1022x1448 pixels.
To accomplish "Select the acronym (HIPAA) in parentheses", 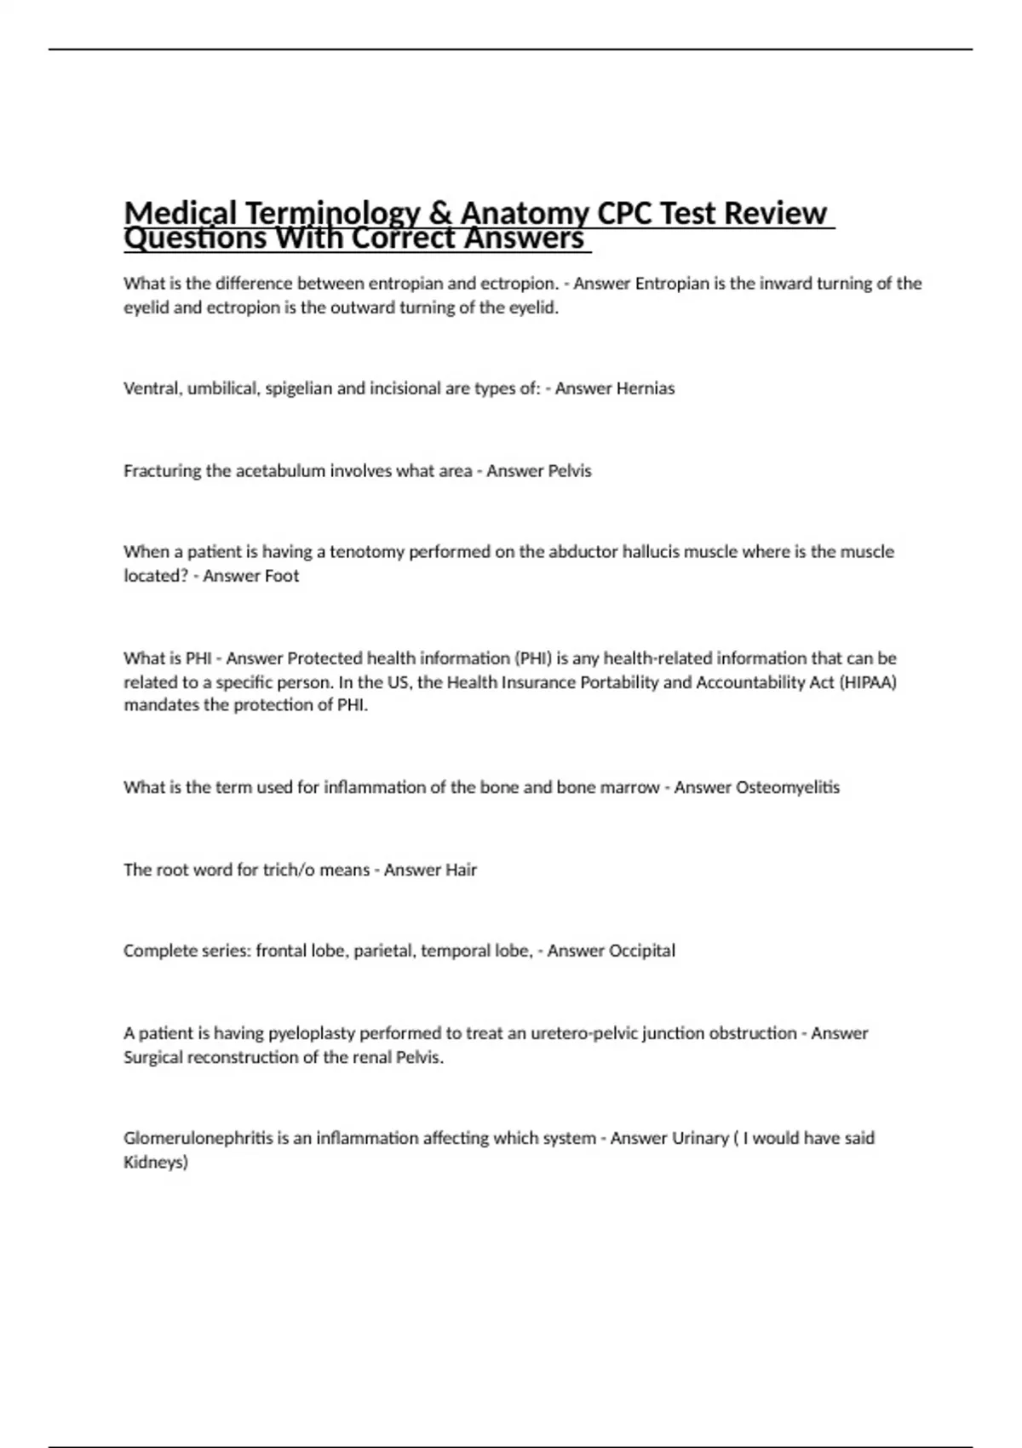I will point(869,682).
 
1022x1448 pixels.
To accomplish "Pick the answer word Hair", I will point(455,870).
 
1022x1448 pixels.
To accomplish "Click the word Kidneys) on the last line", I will point(156,1163).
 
